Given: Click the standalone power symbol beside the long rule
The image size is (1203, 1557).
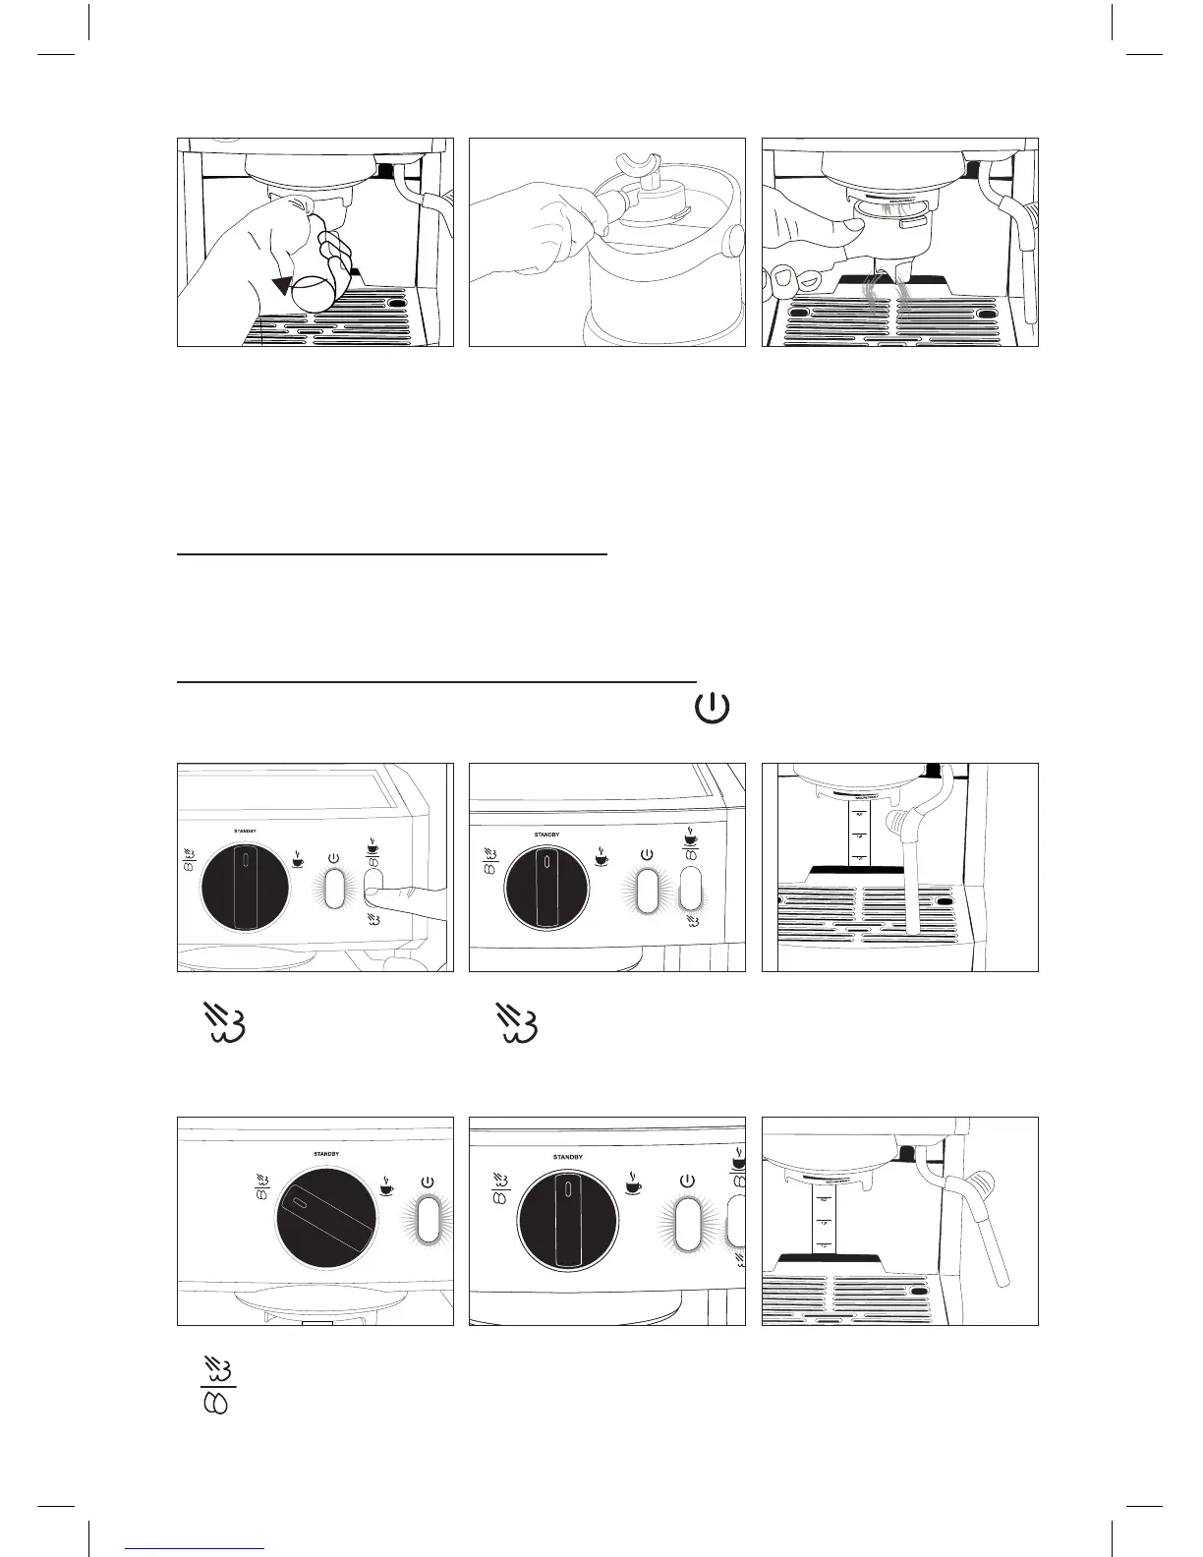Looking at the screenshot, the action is tap(714, 709).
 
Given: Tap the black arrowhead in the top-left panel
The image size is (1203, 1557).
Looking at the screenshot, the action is tap(283, 285).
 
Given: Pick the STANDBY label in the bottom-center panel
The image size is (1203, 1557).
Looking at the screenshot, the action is tap(568, 1157).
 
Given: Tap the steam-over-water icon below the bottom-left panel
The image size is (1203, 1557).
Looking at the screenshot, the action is tap(215, 1385).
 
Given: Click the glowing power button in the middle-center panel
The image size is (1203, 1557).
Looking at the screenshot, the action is tap(647, 889).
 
